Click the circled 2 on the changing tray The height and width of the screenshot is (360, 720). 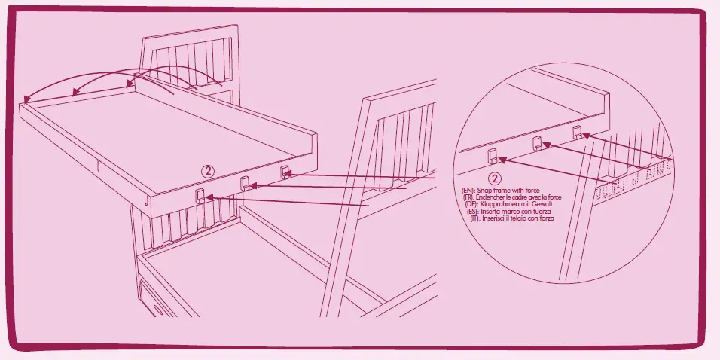click(209, 170)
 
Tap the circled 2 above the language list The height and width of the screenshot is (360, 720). click(494, 179)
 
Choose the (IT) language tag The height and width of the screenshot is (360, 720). click(474, 219)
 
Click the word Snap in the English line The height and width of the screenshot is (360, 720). click(484, 191)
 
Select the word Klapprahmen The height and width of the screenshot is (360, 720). click(499, 205)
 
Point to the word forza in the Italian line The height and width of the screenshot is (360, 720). click(540, 219)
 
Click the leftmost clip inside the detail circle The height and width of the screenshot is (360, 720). click(493, 156)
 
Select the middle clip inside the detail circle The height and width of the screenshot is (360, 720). click(538, 142)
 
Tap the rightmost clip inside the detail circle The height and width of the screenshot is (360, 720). click(577, 133)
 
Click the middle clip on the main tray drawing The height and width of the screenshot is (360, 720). click(244, 182)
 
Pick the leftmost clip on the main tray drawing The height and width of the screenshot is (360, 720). click(200, 195)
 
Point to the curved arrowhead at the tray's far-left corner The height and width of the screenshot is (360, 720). click(26, 99)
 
